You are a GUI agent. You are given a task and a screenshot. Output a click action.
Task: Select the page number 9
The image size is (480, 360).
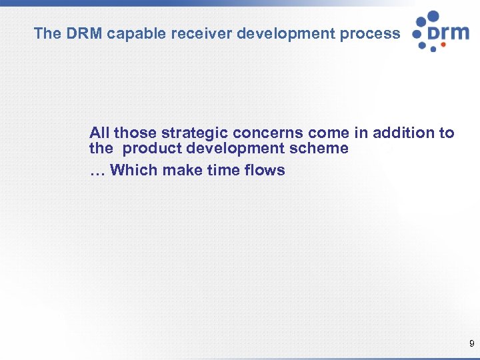pos(472,344)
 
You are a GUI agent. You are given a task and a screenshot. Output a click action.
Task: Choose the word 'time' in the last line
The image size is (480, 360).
pos(223,170)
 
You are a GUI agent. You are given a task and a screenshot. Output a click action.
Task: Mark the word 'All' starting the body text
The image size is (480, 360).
pos(99,133)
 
